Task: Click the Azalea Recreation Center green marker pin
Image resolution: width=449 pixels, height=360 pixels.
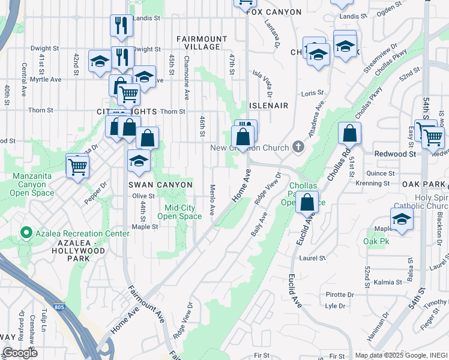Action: tap(26, 233)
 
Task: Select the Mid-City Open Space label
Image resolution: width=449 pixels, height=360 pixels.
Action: tap(183, 212)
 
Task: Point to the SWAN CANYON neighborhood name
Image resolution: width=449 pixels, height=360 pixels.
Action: tap(160, 185)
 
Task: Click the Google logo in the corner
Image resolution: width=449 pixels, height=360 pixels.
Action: tap(20, 353)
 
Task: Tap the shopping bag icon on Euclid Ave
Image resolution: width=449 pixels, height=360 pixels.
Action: tap(307, 203)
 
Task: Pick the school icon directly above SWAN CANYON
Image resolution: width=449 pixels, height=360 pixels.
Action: tap(139, 161)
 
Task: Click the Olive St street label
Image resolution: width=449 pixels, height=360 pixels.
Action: tap(143, 196)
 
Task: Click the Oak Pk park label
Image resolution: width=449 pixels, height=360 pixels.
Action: tap(373, 241)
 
